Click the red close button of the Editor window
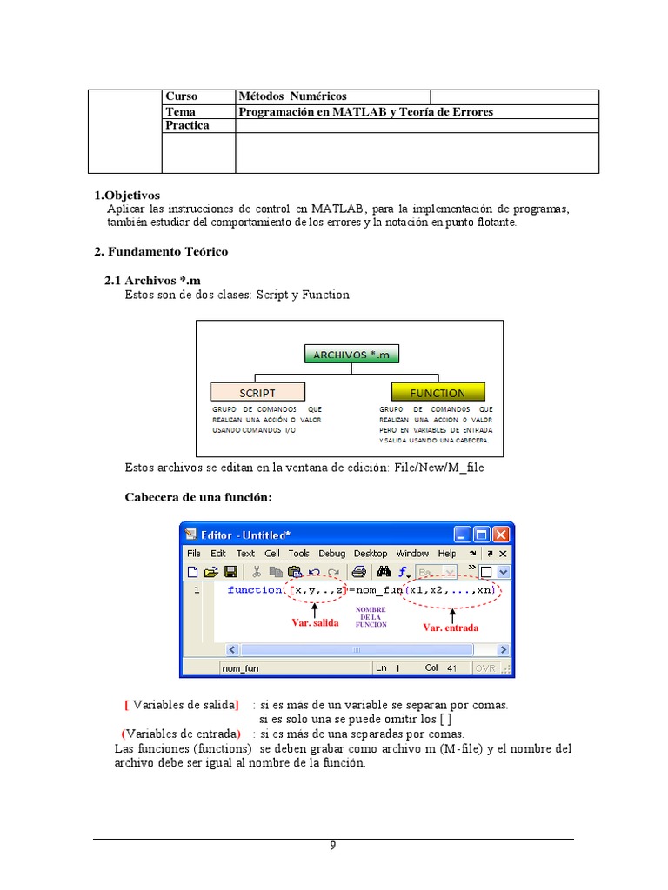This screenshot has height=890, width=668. coord(501,535)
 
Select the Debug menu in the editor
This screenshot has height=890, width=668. coord(331,554)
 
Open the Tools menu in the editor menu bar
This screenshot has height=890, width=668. coord(298,554)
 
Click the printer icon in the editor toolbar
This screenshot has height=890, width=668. coord(357,572)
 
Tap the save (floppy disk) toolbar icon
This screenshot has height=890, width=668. coord(231,572)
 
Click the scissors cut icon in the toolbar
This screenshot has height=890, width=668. coord(257,572)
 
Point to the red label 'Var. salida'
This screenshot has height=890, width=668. coord(314,622)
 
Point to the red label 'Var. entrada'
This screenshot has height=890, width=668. coord(451,627)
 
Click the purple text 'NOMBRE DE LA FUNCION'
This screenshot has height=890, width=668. coord(371,617)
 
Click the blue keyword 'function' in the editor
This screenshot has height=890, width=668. coord(255,590)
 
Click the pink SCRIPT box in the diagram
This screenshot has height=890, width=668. coord(257,392)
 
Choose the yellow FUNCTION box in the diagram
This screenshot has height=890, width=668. coord(438,392)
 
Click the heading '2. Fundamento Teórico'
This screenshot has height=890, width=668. coord(161,251)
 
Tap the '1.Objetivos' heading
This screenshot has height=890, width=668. coord(127,196)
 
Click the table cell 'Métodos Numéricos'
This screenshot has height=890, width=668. coord(292,96)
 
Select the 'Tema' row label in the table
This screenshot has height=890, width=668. coord(180,111)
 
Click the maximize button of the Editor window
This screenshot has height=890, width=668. coord(481,535)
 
